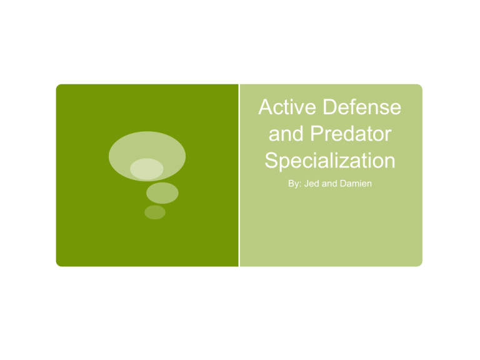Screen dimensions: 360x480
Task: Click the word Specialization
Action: point(329,161)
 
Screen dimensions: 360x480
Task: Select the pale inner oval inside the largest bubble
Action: point(147,169)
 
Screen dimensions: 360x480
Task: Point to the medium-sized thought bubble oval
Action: point(162,193)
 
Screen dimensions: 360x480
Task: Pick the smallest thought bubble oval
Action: point(155,212)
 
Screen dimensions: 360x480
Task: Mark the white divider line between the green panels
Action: point(239,175)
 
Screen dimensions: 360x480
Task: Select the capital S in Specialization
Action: point(271,161)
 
